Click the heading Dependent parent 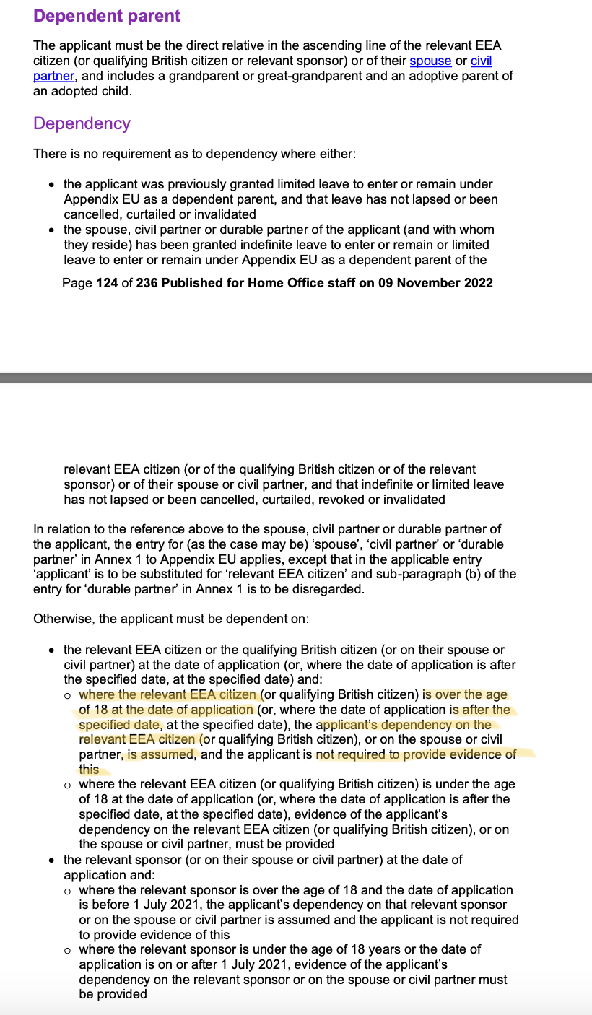point(107,16)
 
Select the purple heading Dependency point(82,123)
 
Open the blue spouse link point(430,61)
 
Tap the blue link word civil point(482,61)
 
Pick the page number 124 point(107,283)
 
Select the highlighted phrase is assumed point(161,754)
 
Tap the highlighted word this point(89,770)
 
